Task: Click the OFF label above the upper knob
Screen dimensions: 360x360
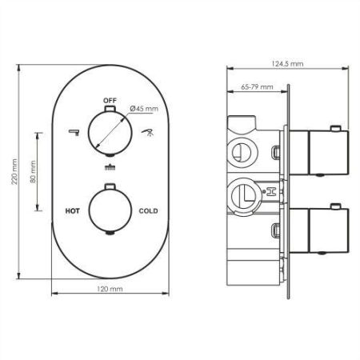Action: click(x=110, y=100)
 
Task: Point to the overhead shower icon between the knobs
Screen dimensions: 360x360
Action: click(x=110, y=168)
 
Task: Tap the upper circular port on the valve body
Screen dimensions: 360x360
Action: click(x=238, y=149)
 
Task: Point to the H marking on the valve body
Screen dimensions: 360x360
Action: click(x=270, y=192)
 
